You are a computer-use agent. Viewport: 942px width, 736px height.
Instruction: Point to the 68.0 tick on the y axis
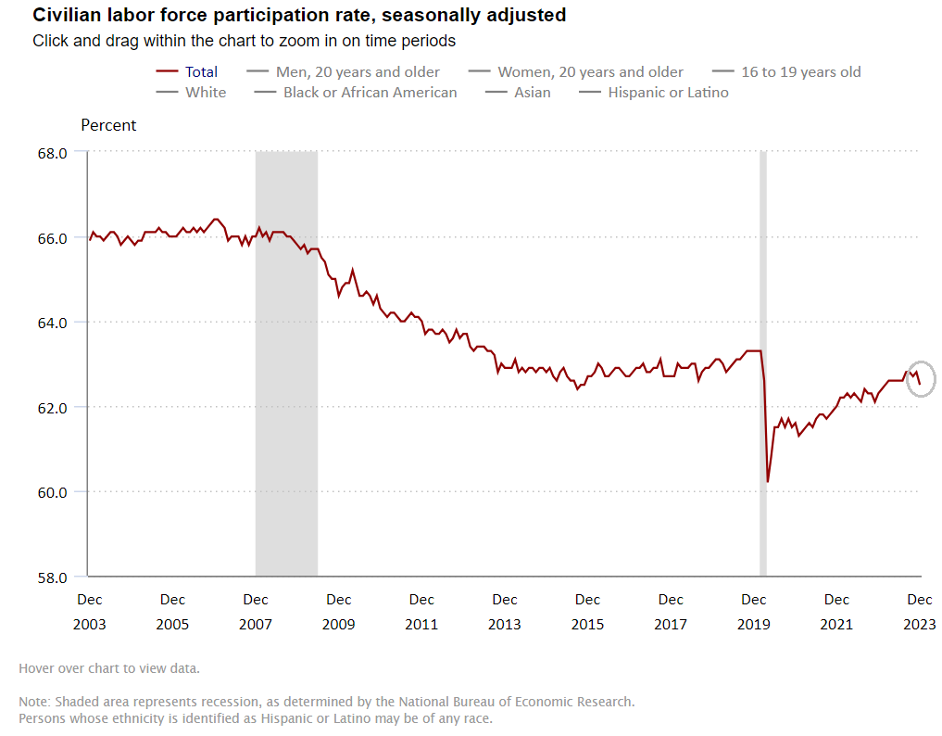pyautogui.click(x=52, y=153)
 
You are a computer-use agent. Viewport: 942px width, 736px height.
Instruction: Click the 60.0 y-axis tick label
pyautogui.click(x=52, y=492)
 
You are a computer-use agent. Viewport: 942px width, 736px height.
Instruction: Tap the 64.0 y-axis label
pyautogui.click(x=52, y=323)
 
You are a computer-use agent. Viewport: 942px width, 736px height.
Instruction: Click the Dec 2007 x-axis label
pyautogui.click(x=256, y=612)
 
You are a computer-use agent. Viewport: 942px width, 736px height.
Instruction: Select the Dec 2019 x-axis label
pyautogui.click(x=754, y=612)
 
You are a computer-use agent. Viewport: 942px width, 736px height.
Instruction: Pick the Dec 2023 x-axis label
pyautogui.click(x=920, y=612)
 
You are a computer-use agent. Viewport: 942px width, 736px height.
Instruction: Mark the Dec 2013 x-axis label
pyautogui.click(x=505, y=612)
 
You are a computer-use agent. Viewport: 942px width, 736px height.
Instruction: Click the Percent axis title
pyautogui.click(x=108, y=125)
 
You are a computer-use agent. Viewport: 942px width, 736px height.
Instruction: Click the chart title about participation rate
pyautogui.click(x=299, y=16)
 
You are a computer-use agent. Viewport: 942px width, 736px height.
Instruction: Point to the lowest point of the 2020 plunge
pyautogui.click(x=768, y=481)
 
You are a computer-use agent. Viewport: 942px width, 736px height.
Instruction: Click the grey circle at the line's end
pyautogui.click(x=921, y=378)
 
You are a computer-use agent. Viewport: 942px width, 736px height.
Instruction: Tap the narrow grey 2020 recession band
pyautogui.click(x=763, y=278)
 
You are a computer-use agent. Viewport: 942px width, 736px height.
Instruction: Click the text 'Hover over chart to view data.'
pyautogui.click(x=108, y=668)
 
